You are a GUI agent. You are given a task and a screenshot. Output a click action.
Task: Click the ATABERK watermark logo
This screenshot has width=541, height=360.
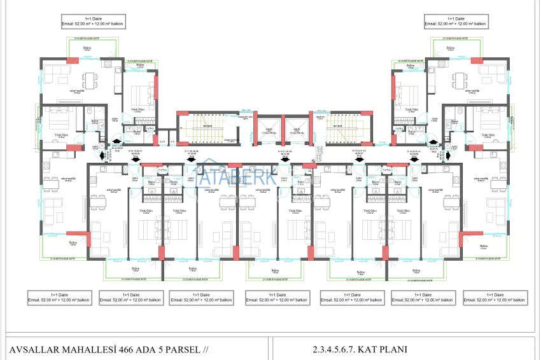[x=236, y=174]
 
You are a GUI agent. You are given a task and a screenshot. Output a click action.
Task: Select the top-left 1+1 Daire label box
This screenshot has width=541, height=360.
[x=94, y=21]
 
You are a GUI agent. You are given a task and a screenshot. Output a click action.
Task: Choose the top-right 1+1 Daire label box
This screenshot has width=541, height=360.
[x=455, y=21]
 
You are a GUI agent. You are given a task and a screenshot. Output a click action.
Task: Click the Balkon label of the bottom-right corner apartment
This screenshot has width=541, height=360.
[x=484, y=246]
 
